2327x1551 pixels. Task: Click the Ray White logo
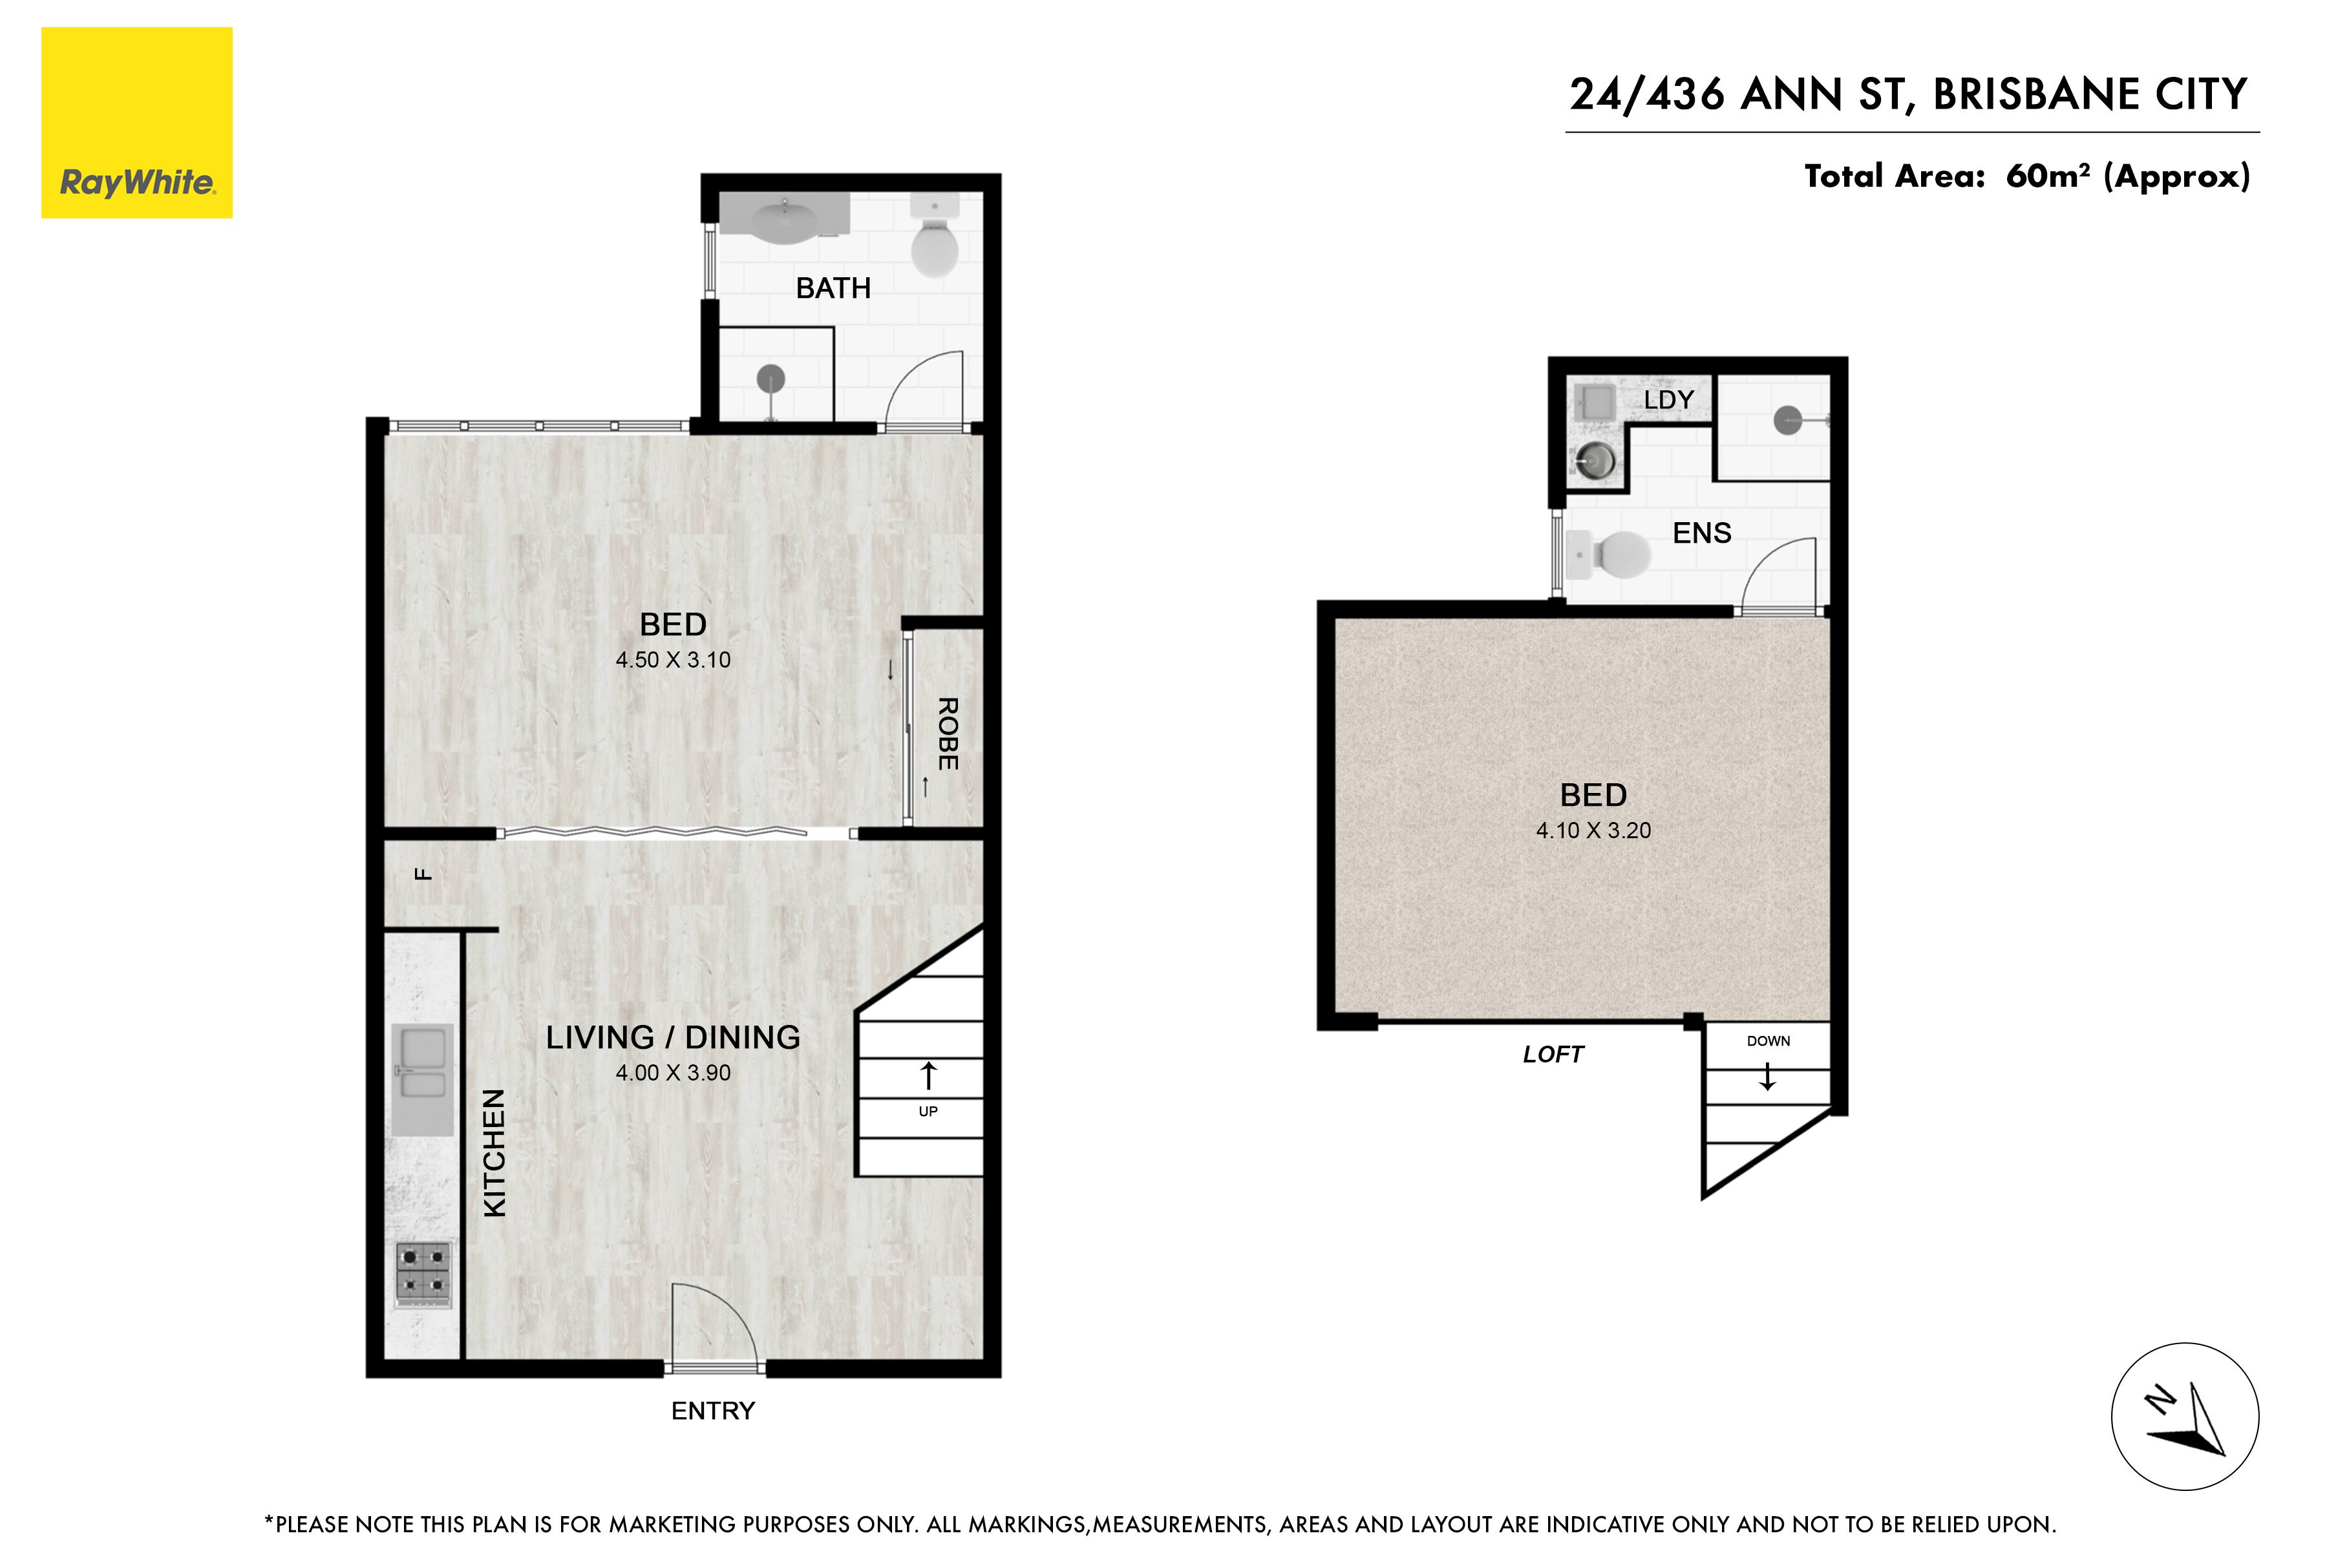pos(136,123)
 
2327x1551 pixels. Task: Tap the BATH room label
pos(833,288)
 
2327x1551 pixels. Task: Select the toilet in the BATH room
pos(934,235)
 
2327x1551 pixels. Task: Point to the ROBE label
pos(948,734)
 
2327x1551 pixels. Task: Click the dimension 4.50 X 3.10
pos(673,660)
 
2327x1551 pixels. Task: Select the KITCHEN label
pos(494,1152)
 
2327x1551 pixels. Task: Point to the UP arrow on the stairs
pos(928,1075)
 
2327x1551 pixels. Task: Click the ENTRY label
pos(712,1411)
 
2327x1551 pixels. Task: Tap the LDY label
pos(1669,399)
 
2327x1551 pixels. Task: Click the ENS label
pos(1702,533)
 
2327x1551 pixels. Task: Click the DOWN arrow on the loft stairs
pos(1767,1076)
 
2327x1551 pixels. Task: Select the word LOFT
pos(1553,1055)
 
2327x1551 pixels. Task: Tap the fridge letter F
pos(423,874)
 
